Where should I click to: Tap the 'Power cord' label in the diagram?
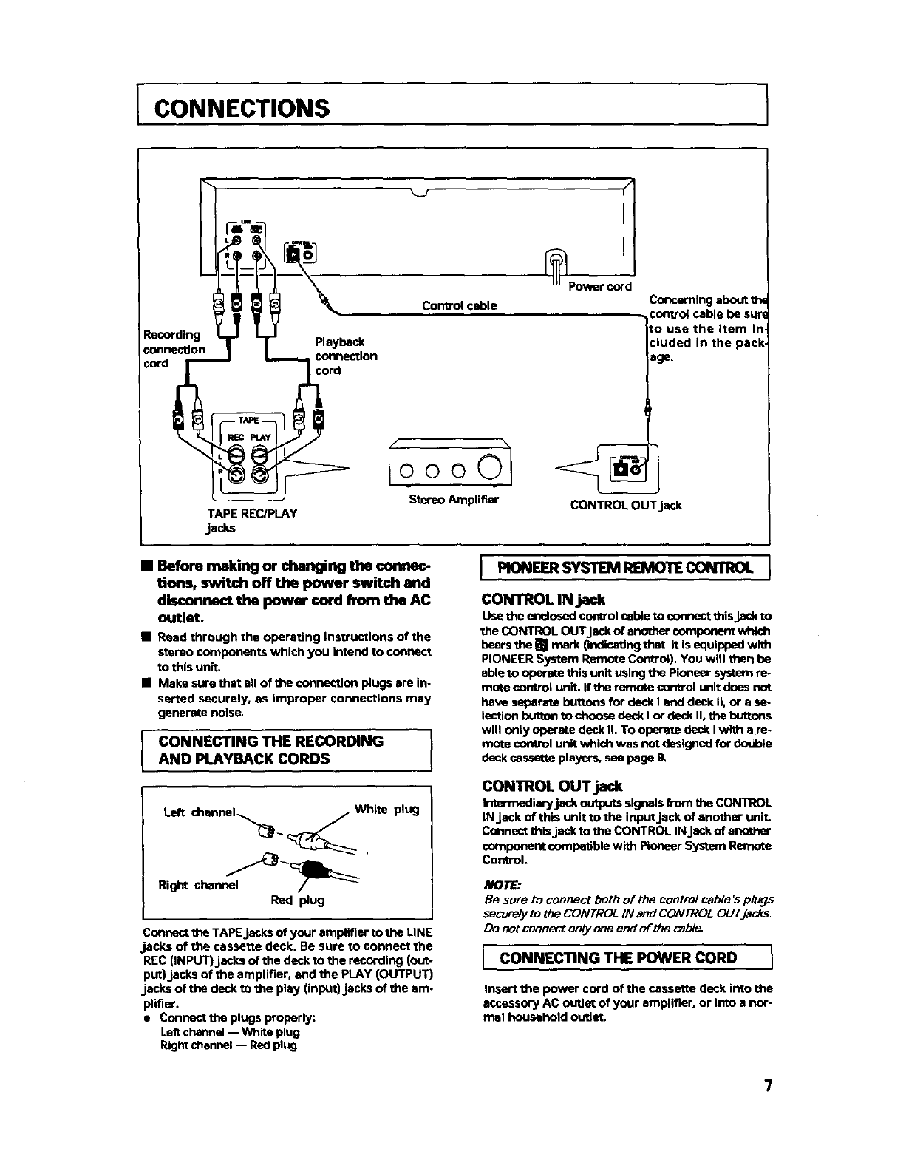599,287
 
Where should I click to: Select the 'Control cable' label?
459,305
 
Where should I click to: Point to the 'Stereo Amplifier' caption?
454,500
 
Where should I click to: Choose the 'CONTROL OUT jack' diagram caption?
625,506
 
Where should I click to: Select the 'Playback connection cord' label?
346,356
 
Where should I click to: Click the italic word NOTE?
502,885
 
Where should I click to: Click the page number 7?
769,1086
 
